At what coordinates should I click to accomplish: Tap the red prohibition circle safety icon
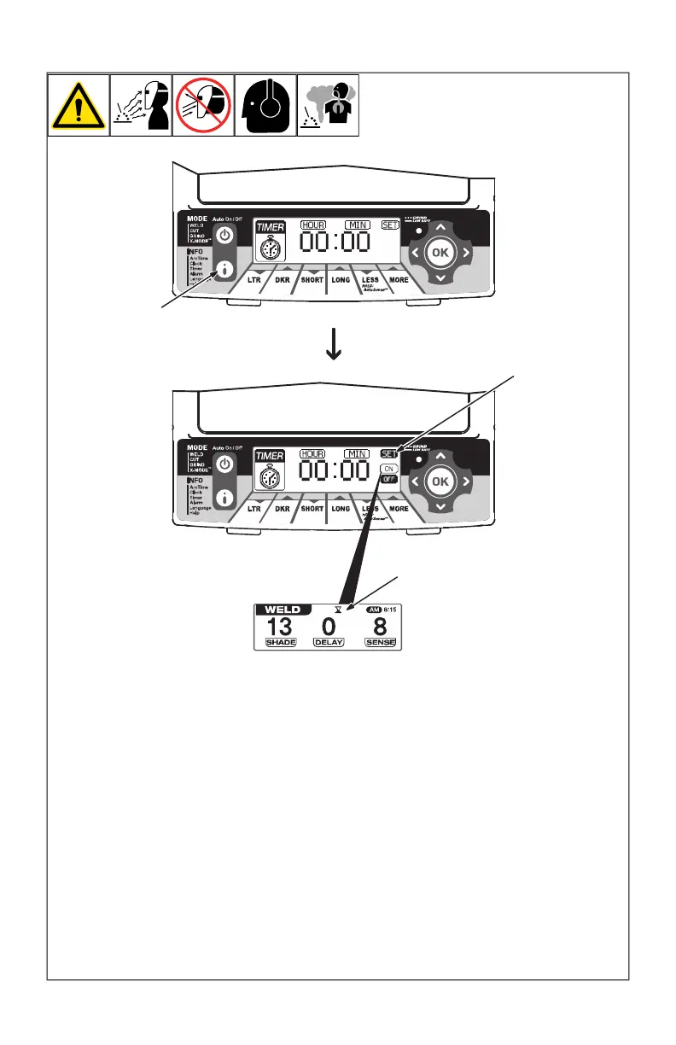coord(203,106)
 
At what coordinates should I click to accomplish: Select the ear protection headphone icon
coord(265,106)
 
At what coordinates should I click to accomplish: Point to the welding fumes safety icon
coord(328,106)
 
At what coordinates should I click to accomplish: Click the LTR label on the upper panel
coord(254,279)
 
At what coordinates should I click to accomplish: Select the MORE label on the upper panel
coord(398,279)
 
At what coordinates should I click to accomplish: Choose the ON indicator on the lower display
coord(390,470)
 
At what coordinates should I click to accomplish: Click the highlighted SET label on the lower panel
coord(390,454)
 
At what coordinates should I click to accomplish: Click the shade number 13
coord(279,626)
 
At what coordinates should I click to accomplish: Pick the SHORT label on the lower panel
coord(312,508)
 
